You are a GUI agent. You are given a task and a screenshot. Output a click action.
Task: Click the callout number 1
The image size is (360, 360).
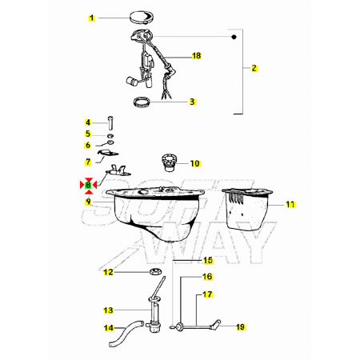point(92,18)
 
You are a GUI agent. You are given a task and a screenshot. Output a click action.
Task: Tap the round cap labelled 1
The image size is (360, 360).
point(142,18)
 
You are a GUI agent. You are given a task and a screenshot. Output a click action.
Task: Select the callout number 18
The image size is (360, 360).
point(197,56)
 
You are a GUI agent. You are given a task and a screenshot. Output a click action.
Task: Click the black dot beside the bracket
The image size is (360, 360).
point(234,37)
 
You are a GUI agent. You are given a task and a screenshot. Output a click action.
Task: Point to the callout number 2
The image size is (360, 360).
point(254,68)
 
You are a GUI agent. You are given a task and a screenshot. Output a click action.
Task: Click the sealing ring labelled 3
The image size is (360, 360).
point(142,102)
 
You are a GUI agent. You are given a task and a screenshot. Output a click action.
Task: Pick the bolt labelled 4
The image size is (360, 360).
point(110,123)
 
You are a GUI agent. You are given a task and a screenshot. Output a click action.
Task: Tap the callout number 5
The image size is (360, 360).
point(88,134)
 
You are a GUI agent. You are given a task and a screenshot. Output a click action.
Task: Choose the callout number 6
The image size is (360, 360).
point(88,146)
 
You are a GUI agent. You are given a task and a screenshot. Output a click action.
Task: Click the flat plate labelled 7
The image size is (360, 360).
point(108,153)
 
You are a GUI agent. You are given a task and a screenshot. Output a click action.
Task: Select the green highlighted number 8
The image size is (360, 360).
point(88,185)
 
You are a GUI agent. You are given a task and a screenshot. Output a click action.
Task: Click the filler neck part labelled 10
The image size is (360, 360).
point(168,162)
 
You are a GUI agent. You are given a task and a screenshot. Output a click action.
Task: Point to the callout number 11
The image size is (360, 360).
point(290,205)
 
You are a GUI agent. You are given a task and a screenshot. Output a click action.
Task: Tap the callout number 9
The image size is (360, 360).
point(88,202)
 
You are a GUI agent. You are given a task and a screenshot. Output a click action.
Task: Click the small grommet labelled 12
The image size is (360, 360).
point(155,272)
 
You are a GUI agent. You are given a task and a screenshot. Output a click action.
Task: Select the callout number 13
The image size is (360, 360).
point(109,310)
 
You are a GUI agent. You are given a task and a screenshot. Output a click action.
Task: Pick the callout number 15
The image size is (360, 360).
point(208,260)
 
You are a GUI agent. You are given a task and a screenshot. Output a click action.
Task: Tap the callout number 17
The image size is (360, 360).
point(207,294)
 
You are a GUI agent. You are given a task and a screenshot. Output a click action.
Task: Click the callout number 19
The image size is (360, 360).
point(240,326)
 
